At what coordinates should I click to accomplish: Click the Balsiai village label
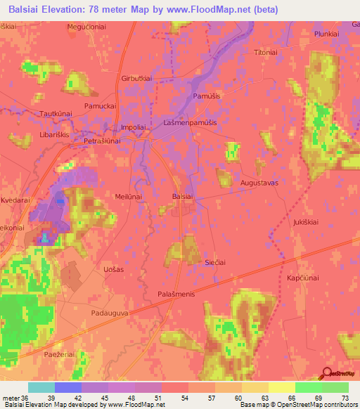pos(183,197)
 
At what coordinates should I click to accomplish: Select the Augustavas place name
pos(260,183)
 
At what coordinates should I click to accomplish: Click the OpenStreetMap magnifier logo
pos(328,373)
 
